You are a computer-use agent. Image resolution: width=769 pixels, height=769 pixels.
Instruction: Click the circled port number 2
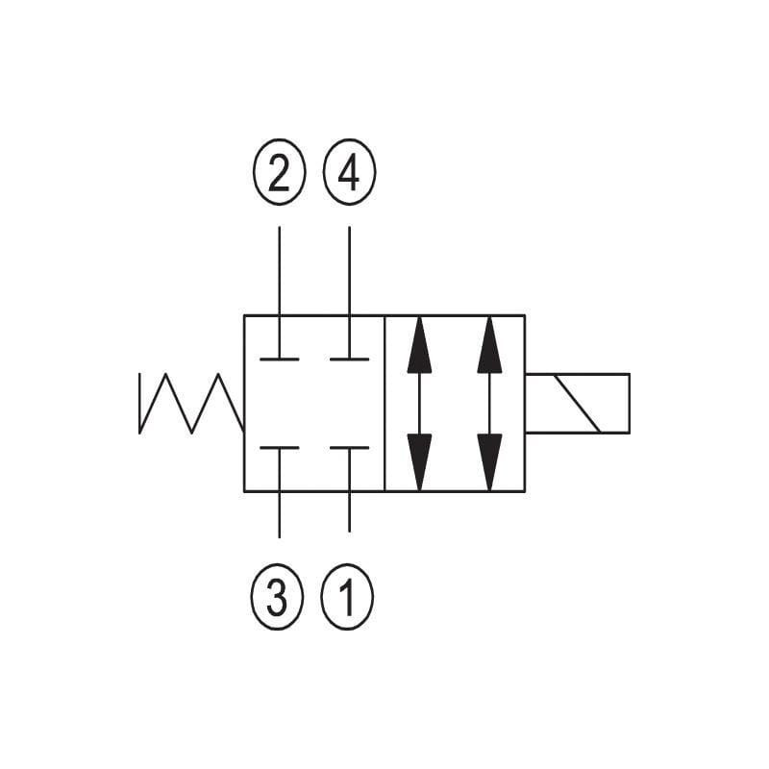tap(279, 172)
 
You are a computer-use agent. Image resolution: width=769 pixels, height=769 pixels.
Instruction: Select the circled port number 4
tap(349, 172)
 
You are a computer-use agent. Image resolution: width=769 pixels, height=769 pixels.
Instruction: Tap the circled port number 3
tap(277, 596)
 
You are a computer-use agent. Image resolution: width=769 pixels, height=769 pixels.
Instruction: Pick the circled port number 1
tap(347, 596)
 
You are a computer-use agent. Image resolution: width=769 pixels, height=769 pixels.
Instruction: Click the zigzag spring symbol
tap(191, 403)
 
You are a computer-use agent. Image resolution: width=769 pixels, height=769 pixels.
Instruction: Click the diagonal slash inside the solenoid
tap(577, 404)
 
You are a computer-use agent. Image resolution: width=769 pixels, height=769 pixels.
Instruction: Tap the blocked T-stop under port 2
tap(280, 359)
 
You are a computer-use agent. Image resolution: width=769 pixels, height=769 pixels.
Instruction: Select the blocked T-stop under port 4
tap(349, 359)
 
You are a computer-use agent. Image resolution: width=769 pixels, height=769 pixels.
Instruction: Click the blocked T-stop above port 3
tap(280, 448)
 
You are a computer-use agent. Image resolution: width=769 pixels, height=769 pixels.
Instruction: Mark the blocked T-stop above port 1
tap(349, 448)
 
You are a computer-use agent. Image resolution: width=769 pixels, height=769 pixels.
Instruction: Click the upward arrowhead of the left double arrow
tap(419, 345)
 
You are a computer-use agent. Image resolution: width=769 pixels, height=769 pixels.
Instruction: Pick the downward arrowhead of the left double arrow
tap(419, 462)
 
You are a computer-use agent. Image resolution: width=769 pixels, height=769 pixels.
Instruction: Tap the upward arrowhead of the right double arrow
tap(489, 345)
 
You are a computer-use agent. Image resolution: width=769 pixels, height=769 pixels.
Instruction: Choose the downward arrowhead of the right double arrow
tap(489, 462)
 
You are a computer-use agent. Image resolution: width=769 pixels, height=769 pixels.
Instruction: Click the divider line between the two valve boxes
tap(384, 403)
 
